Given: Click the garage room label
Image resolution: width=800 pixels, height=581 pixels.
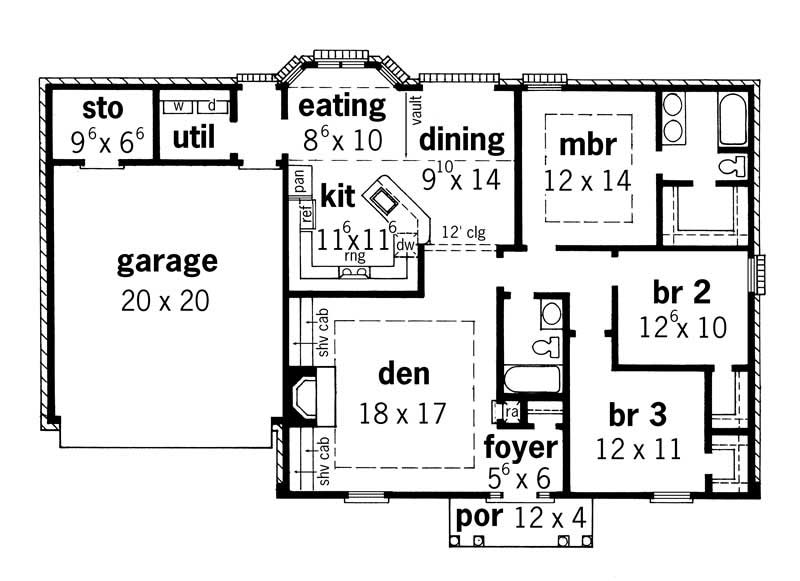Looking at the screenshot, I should click(x=166, y=262).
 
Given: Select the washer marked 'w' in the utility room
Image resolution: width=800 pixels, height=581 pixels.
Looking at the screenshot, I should click(x=177, y=105).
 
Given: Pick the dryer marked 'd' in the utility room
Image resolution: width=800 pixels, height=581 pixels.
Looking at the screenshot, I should click(x=212, y=105).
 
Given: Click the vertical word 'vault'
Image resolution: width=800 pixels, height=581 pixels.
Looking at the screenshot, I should click(x=412, y=110).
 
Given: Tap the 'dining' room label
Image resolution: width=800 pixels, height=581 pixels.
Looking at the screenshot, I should click(x=461, y=138).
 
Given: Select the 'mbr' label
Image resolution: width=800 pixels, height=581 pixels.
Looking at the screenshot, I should click(x=588, y=144).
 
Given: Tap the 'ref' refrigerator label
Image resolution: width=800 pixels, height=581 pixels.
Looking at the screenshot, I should click(x=307, y=211).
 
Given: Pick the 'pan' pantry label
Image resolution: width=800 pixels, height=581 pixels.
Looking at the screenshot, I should click(x=299, y=180).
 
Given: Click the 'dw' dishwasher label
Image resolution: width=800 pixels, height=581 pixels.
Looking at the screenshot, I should click(x=405, y=243).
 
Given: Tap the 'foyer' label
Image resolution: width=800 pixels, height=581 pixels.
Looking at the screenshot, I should click(x=520, y=445).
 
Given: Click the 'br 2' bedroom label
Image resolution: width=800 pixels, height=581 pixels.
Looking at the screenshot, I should click(x=681, y=293).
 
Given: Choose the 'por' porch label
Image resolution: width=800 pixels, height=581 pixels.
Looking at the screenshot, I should click(x=478, y=517).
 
